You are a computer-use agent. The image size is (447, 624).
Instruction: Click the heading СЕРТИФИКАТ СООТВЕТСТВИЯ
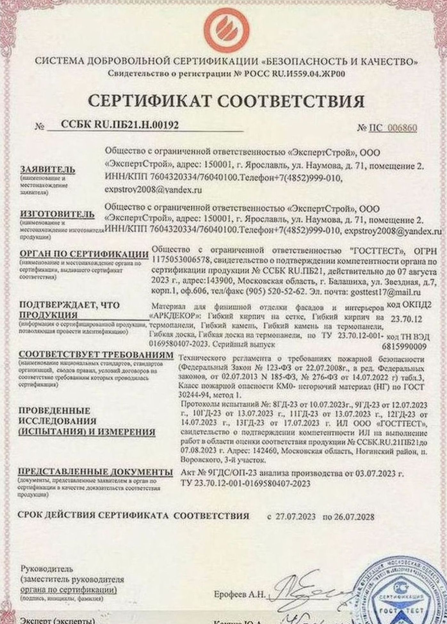[226, 101]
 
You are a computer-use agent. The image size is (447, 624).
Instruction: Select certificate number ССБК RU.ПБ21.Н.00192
[119, 125]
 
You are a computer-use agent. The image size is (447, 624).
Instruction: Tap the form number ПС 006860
[387, 128]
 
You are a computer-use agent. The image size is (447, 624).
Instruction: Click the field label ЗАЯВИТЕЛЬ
[47, 169]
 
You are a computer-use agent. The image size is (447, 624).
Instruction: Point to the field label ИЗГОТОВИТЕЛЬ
[57, 214]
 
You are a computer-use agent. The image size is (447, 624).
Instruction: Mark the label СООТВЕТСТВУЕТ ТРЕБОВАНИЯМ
[96, 356]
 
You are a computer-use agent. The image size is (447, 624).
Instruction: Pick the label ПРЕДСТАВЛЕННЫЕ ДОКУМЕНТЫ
[95, 473]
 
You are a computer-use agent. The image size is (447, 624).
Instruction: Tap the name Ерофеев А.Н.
[240, 586]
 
